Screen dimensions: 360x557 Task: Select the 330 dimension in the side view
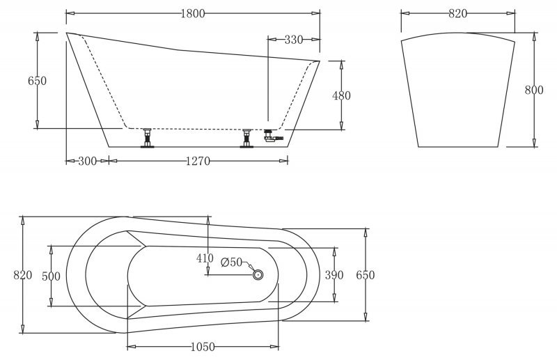click(294, 40)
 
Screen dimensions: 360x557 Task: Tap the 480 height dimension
click(342, 95)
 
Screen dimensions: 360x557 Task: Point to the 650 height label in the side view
click(37, 81)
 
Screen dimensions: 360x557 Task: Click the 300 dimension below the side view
click(87, 162)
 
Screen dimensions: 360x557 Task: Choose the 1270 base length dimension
click(198, 162)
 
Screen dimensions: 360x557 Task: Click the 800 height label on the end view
click(534, 90)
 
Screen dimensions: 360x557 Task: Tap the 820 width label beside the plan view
click(23, 275)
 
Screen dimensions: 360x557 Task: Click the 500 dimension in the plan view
click(52, 276)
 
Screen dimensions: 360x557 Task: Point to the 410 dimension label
click(205, 258)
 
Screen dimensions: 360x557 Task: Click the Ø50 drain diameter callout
click(231, 263)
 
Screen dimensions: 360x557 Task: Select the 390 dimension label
click(335, 275)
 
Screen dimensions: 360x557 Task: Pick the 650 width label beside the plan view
click(366, 275)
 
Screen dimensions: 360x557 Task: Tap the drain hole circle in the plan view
click(258, 275)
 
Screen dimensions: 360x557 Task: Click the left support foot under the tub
click(147, 139)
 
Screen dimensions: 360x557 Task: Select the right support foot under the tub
click(246, 139)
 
